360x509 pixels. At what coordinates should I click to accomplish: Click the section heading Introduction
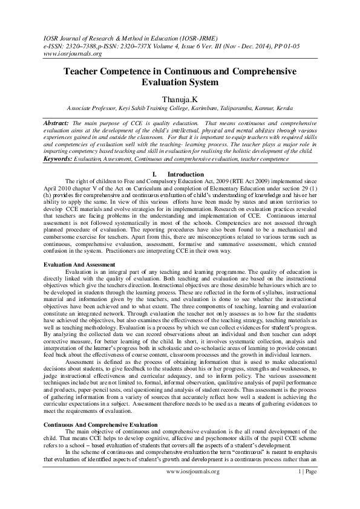coord(181,174)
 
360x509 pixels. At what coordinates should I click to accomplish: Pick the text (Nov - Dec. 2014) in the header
coord(253,45)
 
